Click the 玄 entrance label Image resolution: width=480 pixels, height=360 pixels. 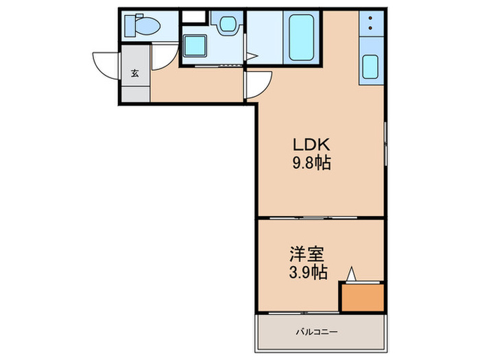point(135,74)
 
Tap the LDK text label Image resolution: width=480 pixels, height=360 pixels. point(312,145)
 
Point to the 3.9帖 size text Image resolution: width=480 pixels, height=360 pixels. point(305,273)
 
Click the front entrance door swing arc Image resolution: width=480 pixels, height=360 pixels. point(106,65)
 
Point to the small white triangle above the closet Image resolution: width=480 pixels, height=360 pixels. point(352,274)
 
